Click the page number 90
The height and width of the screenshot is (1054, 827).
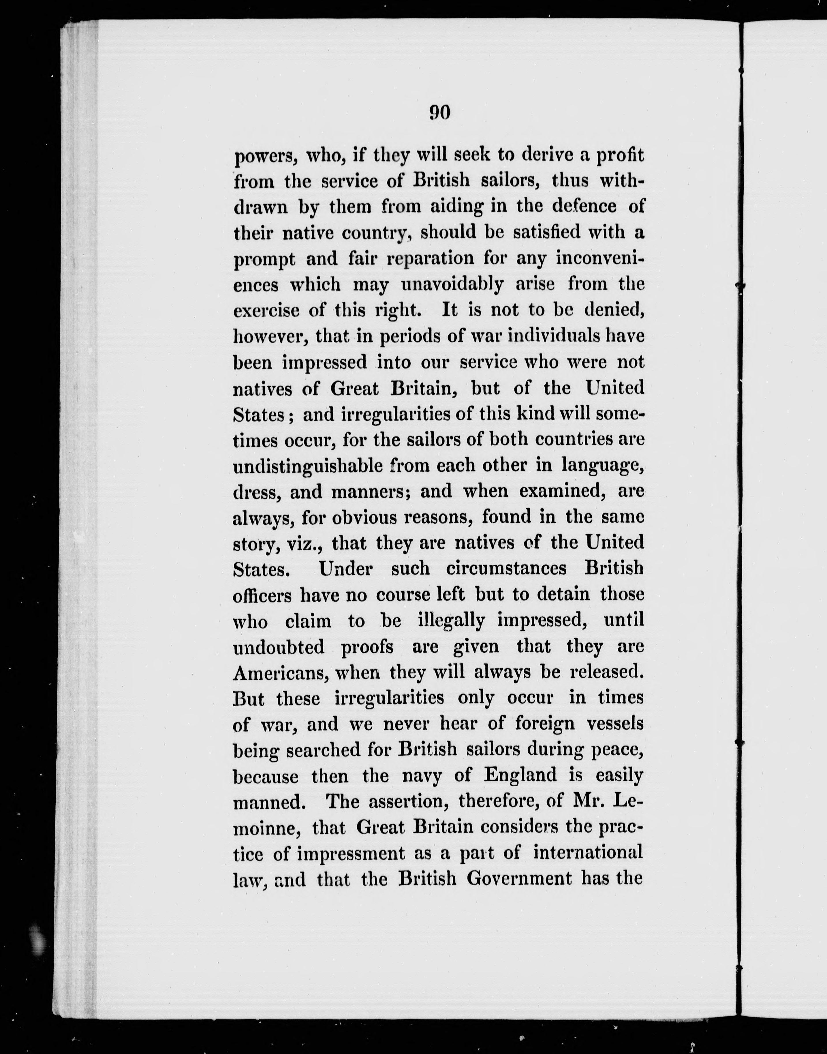pyautogui.click(x=440, y=113)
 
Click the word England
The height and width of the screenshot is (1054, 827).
pyautogui.click(x=520, y=776)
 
